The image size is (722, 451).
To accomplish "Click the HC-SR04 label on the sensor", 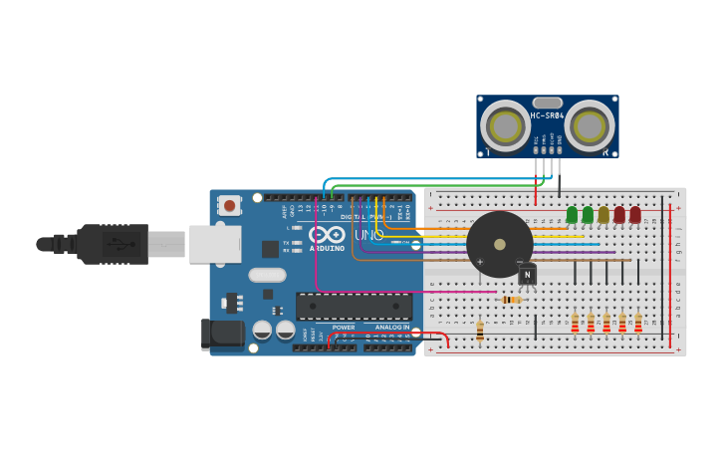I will [547, 115].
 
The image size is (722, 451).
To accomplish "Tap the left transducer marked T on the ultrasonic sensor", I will [505, 127].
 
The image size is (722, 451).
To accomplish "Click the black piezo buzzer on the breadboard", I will [499, 244].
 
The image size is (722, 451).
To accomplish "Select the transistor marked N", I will [527, 274].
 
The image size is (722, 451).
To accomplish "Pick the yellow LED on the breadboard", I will [603, 215].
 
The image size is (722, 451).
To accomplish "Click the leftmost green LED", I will [572, 214].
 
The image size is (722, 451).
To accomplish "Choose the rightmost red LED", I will [635, 215].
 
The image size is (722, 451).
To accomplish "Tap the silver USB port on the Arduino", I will [214, 244].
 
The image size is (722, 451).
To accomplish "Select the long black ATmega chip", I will [354, 306].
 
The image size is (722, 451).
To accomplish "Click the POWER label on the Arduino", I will [344, 327].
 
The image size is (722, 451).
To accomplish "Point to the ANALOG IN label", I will [392, 327].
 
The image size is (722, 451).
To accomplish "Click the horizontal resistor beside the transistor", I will [512, 299].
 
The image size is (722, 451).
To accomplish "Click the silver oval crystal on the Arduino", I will [267, 275].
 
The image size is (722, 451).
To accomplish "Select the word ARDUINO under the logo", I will [327, 248].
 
